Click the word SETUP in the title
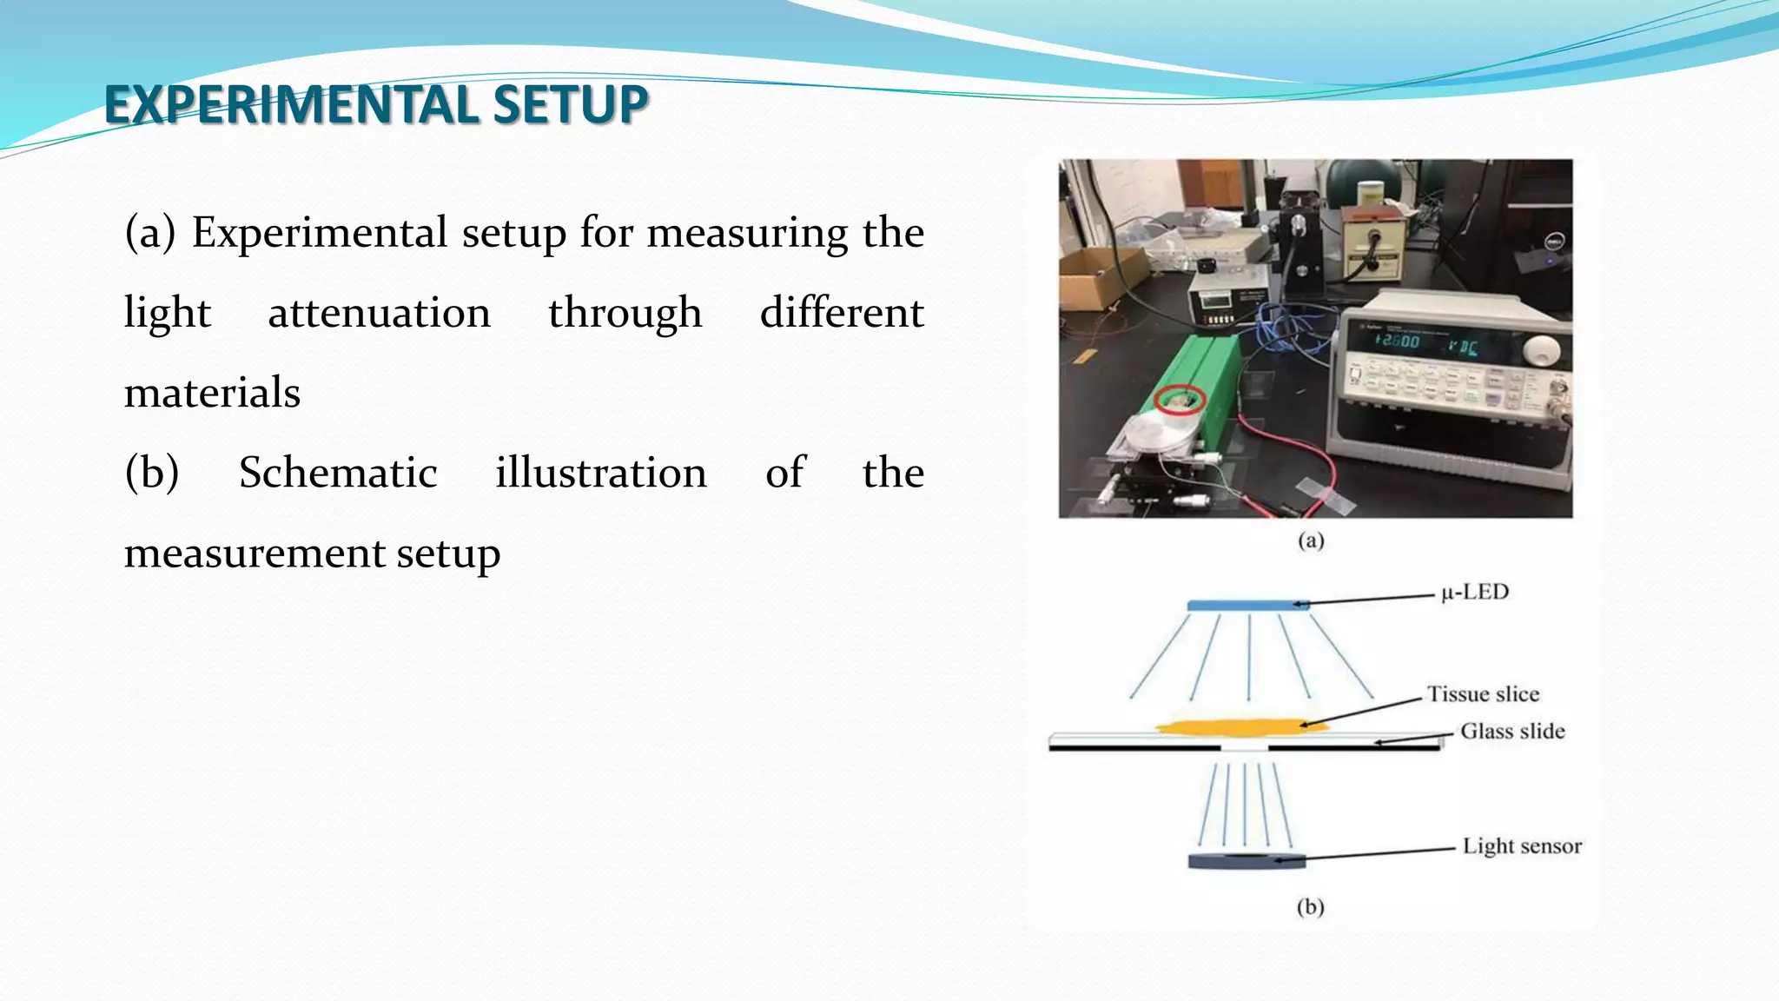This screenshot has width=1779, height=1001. click(x=570, y=104)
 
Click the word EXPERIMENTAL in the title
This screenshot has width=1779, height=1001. click(x=291, y=104)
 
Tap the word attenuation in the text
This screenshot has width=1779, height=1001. click(x=380, y=313)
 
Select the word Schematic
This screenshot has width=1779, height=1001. click(x=338, y=473)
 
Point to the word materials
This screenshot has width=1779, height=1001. click(x=212, y=393)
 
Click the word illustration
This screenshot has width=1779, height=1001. click(x=601, y=473)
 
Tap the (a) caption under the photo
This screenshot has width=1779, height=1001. click(x=1311, y=540)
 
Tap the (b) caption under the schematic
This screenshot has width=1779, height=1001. click(x=1310, y=907)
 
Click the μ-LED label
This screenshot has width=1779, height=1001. click(x=1475, y=593)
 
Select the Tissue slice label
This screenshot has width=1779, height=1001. click(x=1484, y=694)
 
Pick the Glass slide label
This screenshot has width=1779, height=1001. click(x=1512, y=732)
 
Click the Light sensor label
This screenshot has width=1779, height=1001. click(x=1522, y=846)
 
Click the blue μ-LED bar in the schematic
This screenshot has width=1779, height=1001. click(x=1247, y=606)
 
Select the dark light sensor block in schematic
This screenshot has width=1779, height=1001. click(x=1247, y=862)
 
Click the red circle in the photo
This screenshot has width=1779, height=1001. click(x=1180, y=400)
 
